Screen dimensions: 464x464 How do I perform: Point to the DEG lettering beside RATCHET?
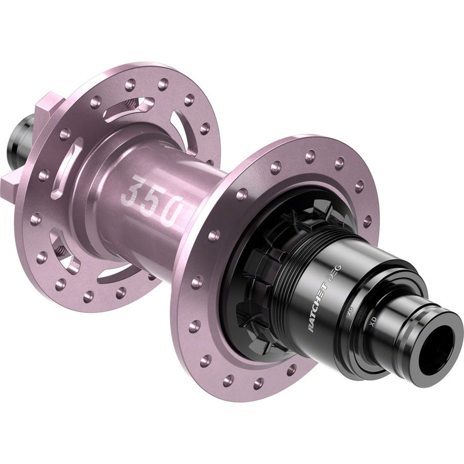click(x=335, y=271)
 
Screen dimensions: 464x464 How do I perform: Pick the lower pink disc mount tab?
click(x=12, y=186)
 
